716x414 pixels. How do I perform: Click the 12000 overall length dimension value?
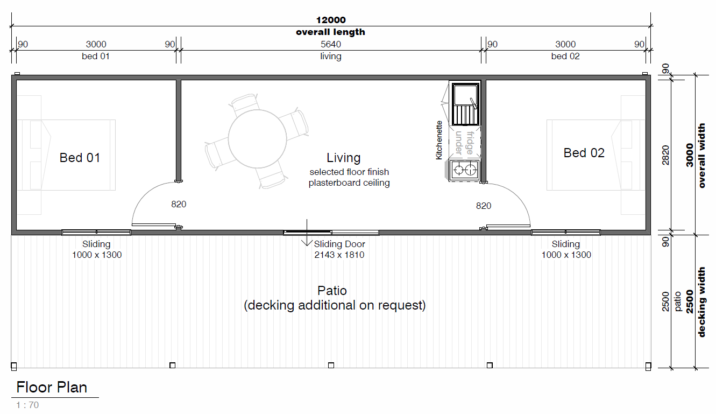pyautogui.click(x=331, y=20)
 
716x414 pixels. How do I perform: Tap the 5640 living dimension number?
pyautogui.click(x=331, y=44)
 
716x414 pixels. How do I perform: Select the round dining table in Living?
pyautogui.click(x=257, y=139)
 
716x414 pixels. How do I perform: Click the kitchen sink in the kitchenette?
pyautogui.click(x=465, y=104)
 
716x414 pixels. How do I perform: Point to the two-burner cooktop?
pyautogui.click(x=465, y=170)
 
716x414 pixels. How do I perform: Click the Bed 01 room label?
pyautogui.click(x=80, y=158)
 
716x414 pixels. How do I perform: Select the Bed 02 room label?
pyautogui.click(x=584, y=153)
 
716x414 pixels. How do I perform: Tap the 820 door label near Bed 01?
pyautogui.click(x=179, y=204)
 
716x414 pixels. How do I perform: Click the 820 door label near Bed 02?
pyautogui.click(x=484, y=206)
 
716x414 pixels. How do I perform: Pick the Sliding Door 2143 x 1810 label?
pyautogui.click(x=339, y=250)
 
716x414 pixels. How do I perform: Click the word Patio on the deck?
pyautogui.click(x=332, y=291)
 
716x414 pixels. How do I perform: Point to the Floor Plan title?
pyautogui.click(x=52, y=388)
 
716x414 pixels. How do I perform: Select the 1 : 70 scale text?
pyautogui.click(x=27, y=405)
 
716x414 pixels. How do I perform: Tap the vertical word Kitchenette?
pyautogui.click(x=439, y=140)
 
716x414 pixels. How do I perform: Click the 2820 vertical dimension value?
pyautogui.click(x=665, y=155)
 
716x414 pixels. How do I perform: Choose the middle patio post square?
pyautogui.click(x=331, y=366)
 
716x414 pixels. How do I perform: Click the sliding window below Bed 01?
pyautogui.click(x=96, y=233)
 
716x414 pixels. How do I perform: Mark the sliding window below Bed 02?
pyautogui.click(x=566, y=233)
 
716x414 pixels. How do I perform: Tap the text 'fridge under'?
pyautogui.click(x=464, y=143)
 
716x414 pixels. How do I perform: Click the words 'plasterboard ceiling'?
pyautogui.click(x=349, y=183)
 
